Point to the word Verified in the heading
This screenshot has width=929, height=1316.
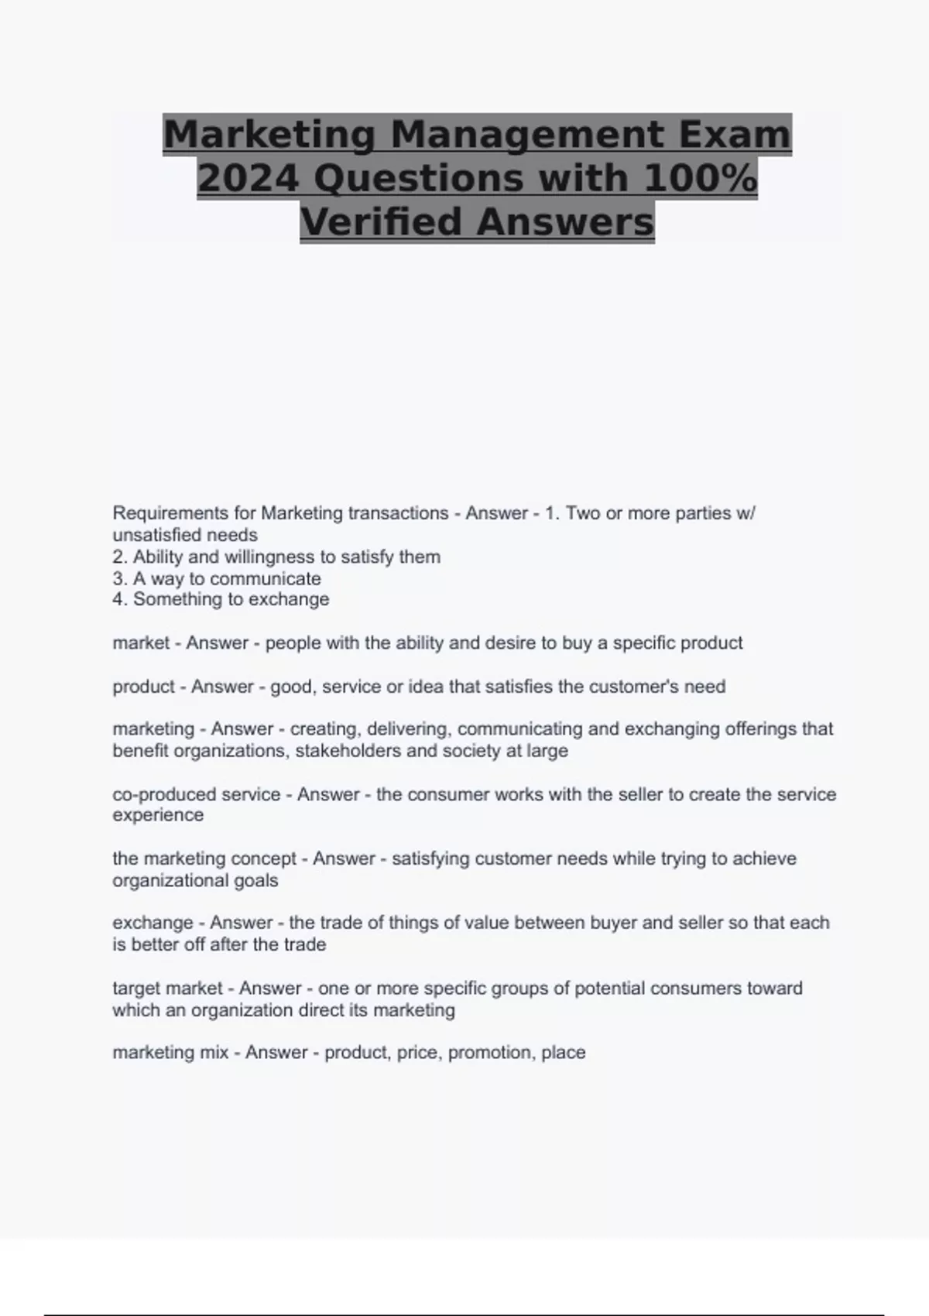(382, 222)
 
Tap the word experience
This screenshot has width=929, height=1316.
(158, 815)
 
